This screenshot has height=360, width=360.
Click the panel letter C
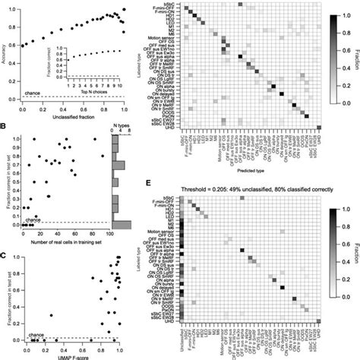(x=4, y=253)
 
